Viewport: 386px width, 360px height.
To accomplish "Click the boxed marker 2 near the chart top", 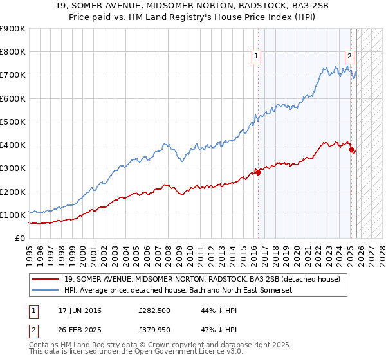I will click(349, 56).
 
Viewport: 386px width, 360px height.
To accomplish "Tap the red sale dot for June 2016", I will click(258, 172).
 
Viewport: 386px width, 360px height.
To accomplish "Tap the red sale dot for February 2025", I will click(351, 150).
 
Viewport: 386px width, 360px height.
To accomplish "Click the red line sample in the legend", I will click(46, 279).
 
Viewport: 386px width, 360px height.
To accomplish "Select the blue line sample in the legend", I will click(46, 291).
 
